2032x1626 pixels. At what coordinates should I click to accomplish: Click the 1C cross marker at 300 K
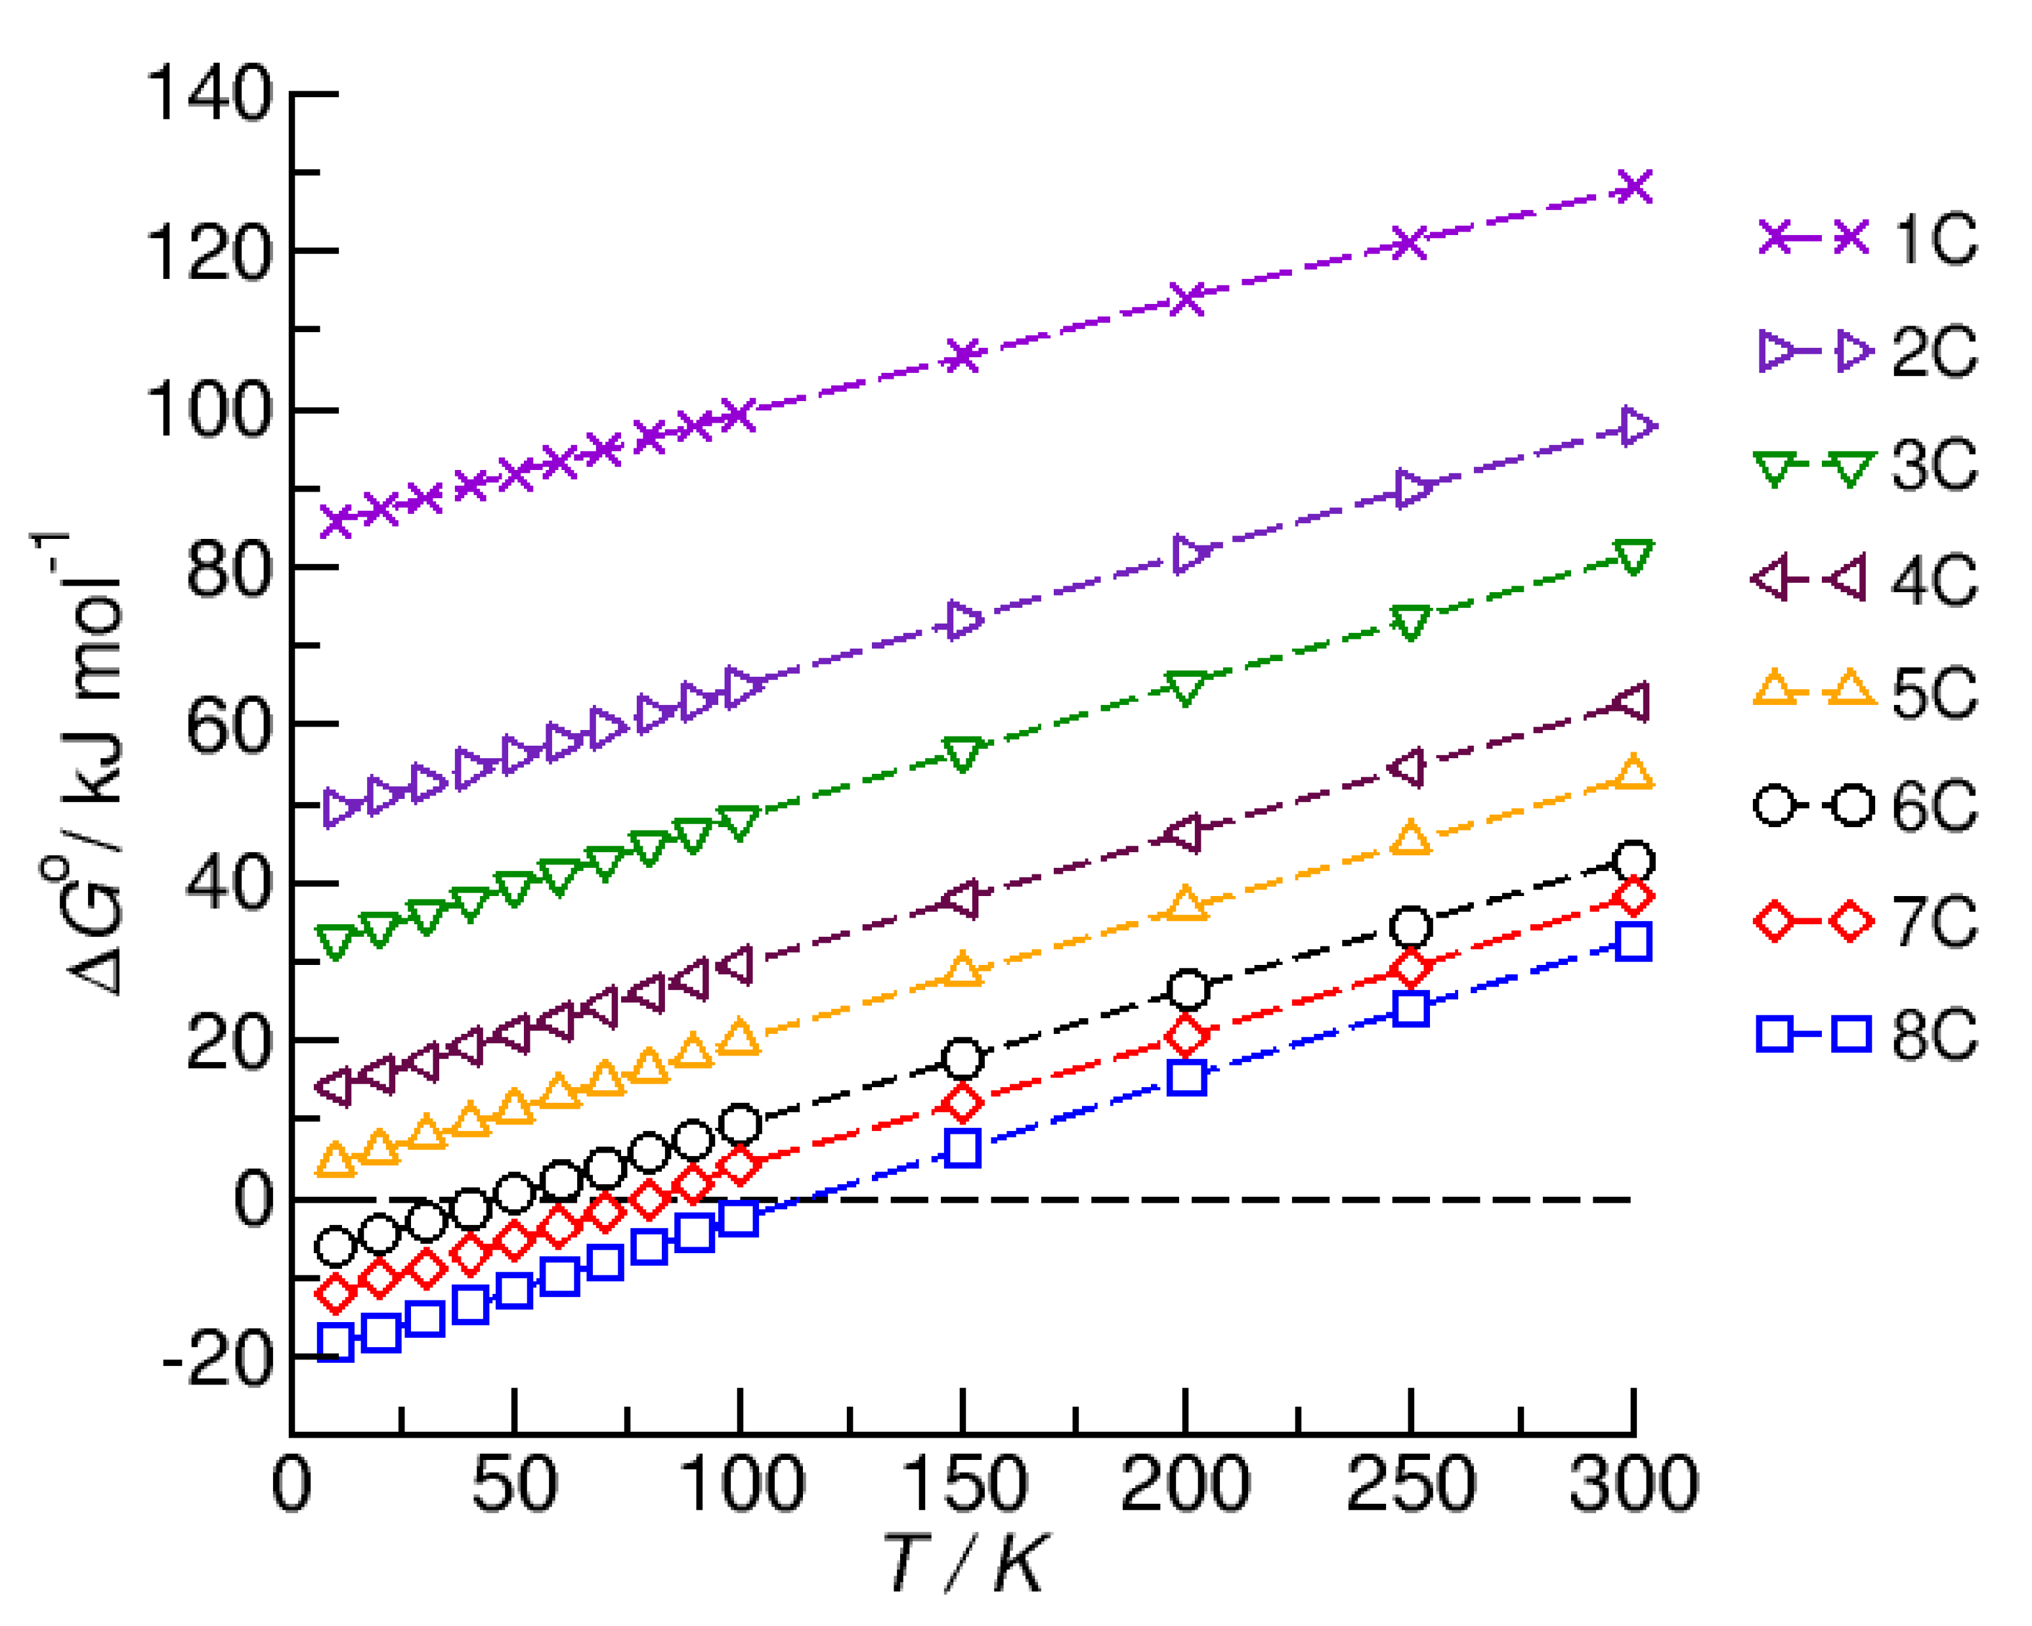[1633, 186]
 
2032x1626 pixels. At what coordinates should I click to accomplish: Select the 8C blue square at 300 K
[1633, 942]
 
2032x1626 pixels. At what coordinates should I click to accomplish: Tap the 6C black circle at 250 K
[1411, 928]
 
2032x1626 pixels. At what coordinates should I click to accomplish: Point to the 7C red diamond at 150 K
[963, 1103]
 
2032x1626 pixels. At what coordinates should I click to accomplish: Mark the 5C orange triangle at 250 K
[1411, 838]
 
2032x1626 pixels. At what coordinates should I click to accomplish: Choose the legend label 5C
[1934, 693]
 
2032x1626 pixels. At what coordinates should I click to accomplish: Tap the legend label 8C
[1934, 1035]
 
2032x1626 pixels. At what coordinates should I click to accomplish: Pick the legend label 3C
[1934, 465]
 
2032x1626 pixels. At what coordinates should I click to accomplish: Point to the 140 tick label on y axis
[209, 95]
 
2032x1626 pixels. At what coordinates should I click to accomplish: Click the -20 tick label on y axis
[217, 1360]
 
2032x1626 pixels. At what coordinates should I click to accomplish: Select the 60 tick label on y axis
[229, 726]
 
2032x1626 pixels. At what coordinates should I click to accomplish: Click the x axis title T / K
[963, 1564]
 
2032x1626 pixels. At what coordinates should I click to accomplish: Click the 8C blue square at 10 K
[335, 1341]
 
